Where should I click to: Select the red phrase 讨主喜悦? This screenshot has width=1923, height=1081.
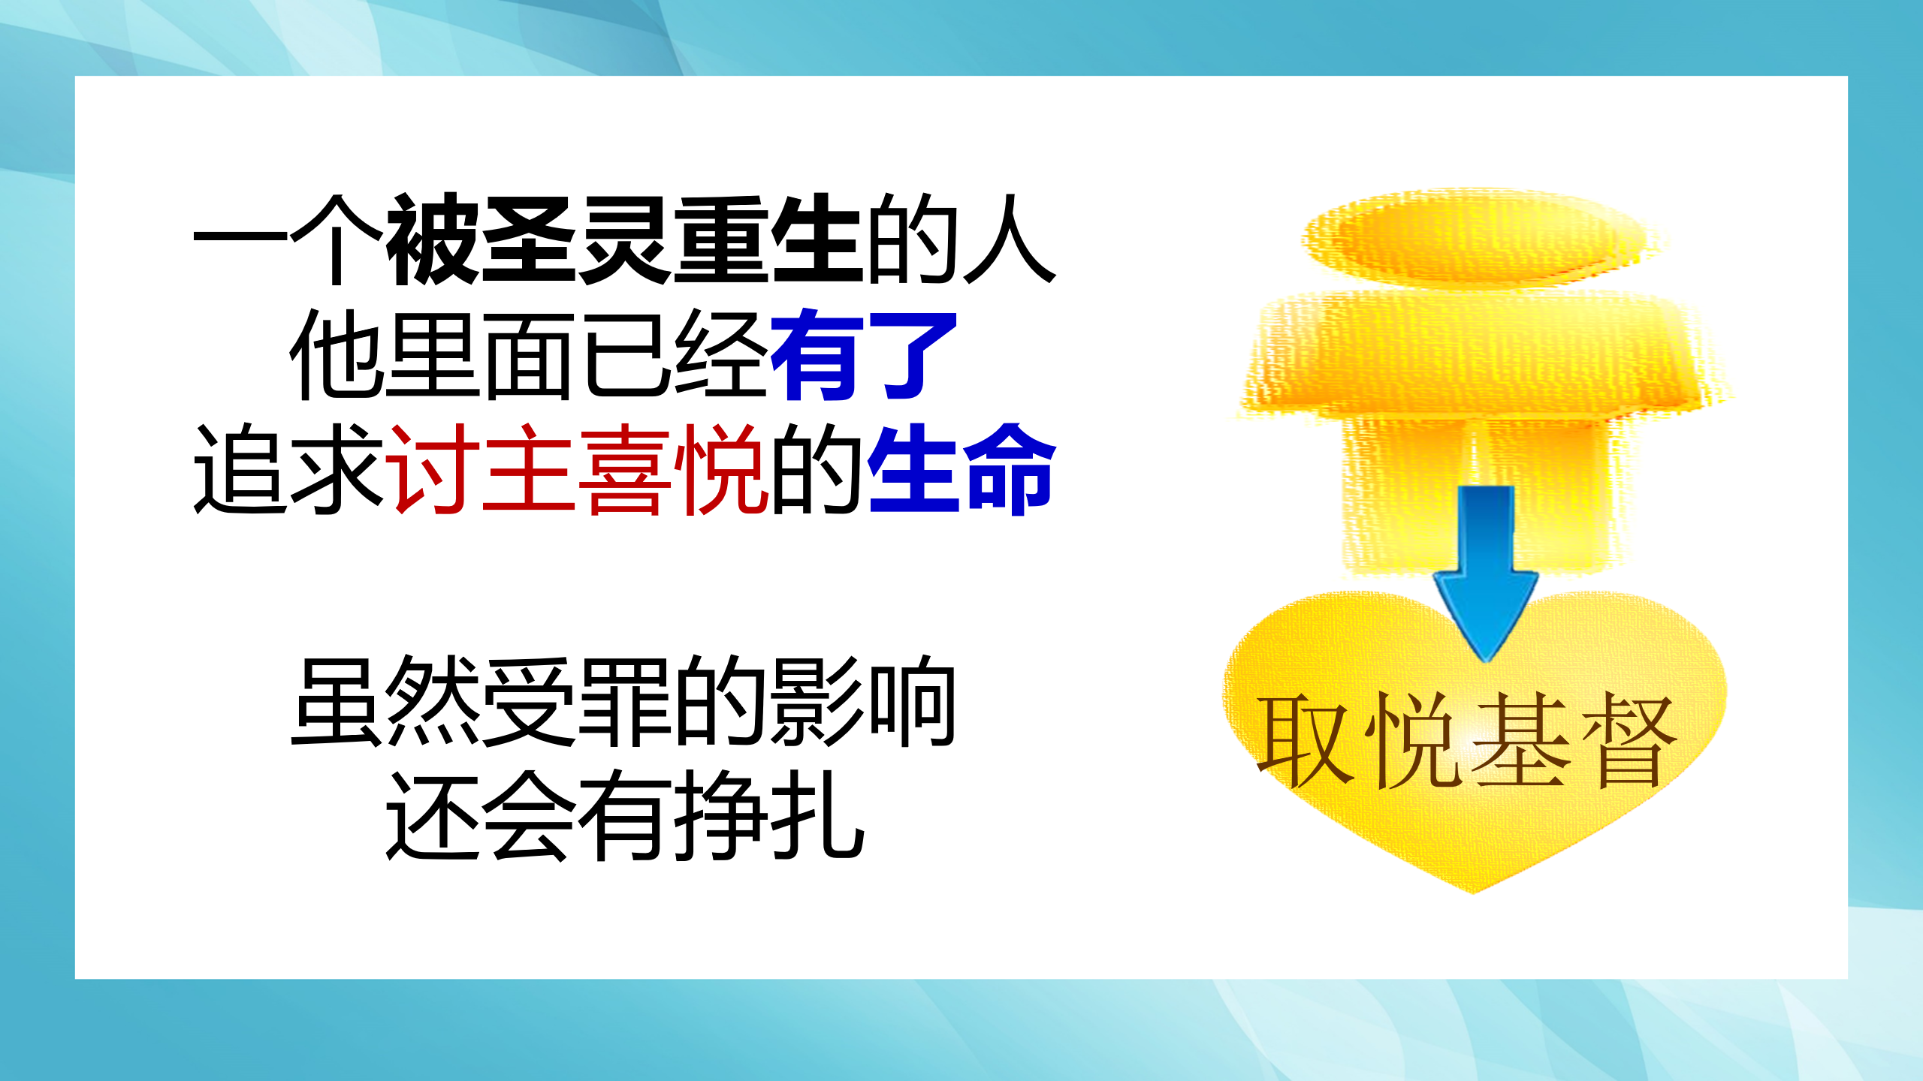pyautogui.click(x=577, y=469)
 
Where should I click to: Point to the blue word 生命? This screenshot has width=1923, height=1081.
pyautogui.click(x=961, y=469)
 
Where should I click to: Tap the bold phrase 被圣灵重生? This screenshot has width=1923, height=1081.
pyautogui.click(x=623, y=239)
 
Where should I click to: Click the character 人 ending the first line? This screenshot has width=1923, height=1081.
pyautogui.click(x=1010, y=239)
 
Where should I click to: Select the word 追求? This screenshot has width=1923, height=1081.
pyautogui.click(x=288, y=469)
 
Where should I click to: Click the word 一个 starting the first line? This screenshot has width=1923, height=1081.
pyautogui.click(x=288, y=239)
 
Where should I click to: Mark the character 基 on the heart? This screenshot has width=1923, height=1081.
pyautogui.click(x=1522, y=740)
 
